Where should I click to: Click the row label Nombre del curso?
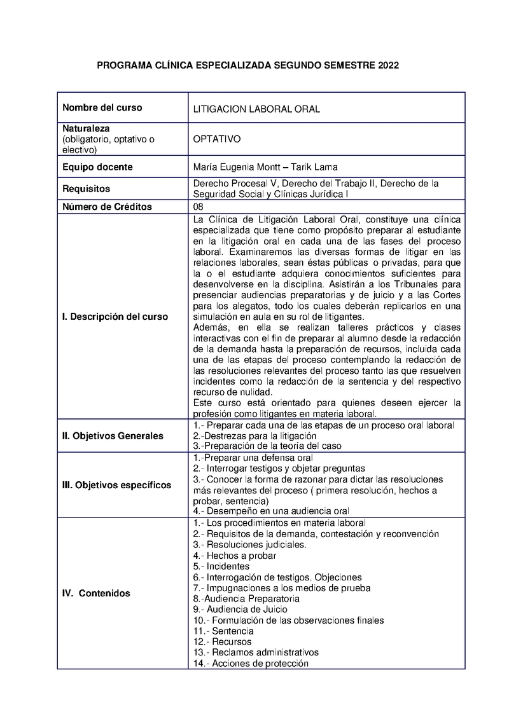click(x=102, y=107)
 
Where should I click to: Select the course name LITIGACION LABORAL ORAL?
click(x=256, y=109)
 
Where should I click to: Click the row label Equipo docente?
click(x=97, y=167)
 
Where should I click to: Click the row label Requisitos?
click(x=86, y=189)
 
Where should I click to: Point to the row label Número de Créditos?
click(x=108, y=207)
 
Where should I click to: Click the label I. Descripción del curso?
click(x=115, y=317)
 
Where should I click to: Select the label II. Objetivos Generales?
click(x=113, y=435)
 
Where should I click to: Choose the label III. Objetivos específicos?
click(x=116, y=485)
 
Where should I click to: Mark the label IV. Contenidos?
click(x=96, y=593)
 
